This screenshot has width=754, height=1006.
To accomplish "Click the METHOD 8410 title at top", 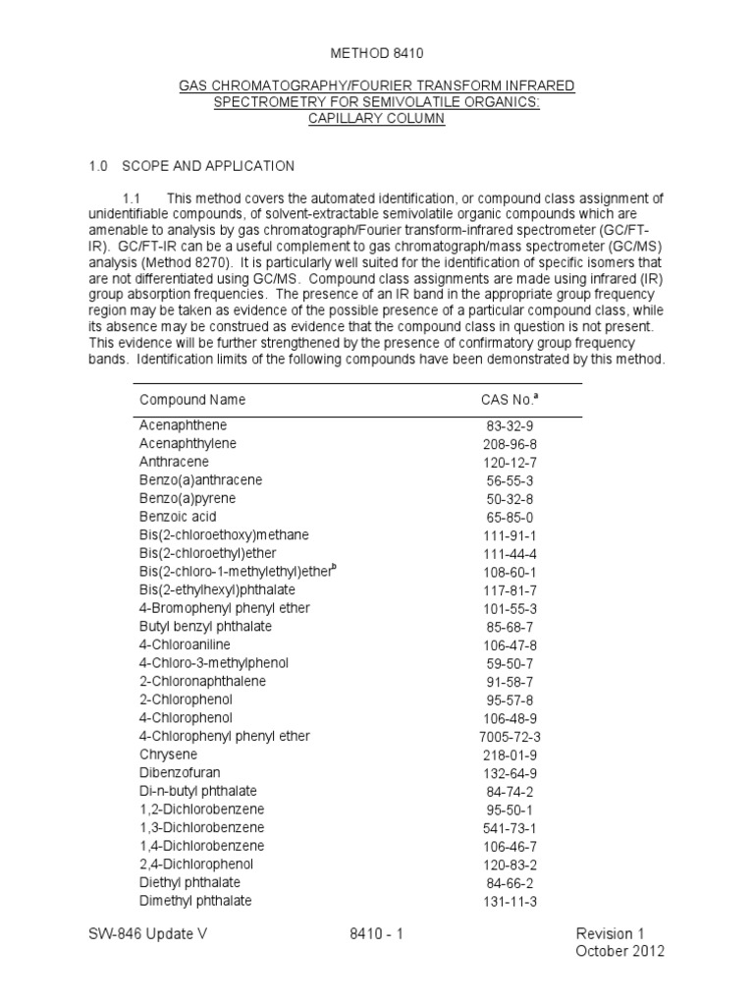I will click(x=377, y=50).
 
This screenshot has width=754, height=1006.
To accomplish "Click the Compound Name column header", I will click(x=192, y=400).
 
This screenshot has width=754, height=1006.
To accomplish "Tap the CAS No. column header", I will click(x=505, y=400).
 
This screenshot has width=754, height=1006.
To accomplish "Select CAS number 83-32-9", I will click(x=506, y=426).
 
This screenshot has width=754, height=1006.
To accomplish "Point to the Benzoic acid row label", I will click(x=178, y=517).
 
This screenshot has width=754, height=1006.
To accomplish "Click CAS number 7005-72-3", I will click(x=506, y=737).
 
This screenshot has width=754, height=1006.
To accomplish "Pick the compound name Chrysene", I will click(x=168, y=754).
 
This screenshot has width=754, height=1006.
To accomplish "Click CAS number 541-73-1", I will click(x=506, y=828).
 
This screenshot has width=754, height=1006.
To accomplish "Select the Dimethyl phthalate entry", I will click(x=195, y=901).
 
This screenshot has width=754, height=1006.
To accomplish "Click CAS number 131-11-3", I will click(x=506, y=902).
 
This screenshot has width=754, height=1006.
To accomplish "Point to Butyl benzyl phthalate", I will click(x=205, y=627).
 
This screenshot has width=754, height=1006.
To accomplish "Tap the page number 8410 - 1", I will click(x=377, y=934).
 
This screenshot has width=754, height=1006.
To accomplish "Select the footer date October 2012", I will click(x=619, y=952).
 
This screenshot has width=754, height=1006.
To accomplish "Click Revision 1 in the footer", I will click(x=619, y=934).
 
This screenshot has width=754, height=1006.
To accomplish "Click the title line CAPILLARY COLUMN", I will click(x=377, y=119).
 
